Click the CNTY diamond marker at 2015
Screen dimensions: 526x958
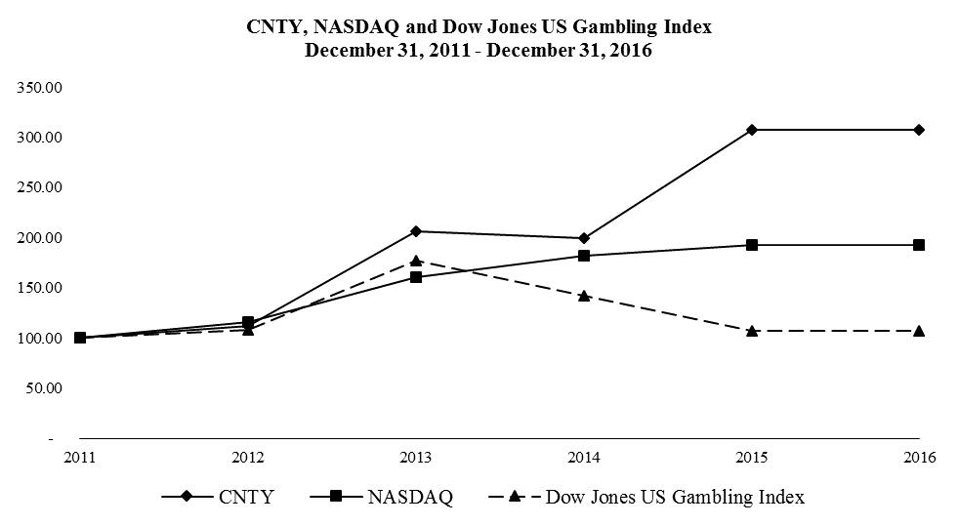752,130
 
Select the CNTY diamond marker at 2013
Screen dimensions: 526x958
416,231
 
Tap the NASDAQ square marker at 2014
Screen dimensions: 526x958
584,256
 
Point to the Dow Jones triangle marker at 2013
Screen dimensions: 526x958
416,261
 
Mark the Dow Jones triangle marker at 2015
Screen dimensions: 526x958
752,331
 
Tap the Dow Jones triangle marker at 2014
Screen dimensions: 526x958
584,295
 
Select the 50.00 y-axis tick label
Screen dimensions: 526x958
44,388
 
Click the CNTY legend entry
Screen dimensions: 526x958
219,497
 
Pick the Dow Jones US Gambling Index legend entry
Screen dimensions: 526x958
645,497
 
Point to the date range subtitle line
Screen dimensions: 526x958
479,51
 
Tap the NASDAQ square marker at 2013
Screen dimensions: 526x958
416,277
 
